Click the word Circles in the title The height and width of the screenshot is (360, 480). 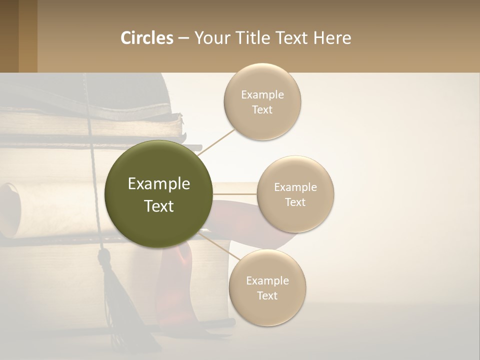tap(146, 38)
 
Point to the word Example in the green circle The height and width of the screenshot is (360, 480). tap(159, 184)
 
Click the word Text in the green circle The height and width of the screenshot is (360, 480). tap(159, 206)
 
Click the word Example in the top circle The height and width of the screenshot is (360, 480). tap(262, 94)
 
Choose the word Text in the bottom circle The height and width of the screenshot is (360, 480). tap(267, 295)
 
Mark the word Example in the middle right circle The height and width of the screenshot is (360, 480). tap(295, 187)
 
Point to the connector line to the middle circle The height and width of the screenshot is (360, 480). tap(234, 194)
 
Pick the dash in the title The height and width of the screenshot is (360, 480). tap(183, 38)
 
